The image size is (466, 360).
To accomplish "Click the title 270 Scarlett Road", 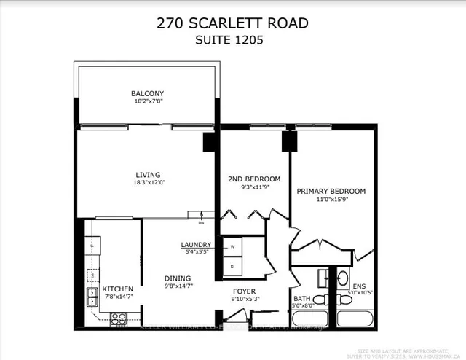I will pyautogui.click(x=232, y=23).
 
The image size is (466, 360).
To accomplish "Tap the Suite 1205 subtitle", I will pyautogui.click(x=232, y=41).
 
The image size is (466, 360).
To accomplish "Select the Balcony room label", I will pyautogui.click(x=147, y=94).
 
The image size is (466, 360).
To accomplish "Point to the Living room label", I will pyautogui.click(x=147, y=175).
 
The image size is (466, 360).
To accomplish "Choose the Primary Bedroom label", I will pyautogui.click(x=331, y=192).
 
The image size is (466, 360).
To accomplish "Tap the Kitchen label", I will pyautogui.click(x=117, y=289).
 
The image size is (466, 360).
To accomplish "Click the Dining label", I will pyautogui.click(x=178, y=278).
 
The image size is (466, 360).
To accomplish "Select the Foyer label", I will pyautogui.click(x=243, y=291).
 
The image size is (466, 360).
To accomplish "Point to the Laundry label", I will pyautogui.click(x=197, y=245).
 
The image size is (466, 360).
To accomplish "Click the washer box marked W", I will pyautogui.click(x=233, y=247).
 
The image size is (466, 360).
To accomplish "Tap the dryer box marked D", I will pyautogui.click(x=233, y=266).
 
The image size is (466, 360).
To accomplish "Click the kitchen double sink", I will pyautogui.click(x=94, y=296).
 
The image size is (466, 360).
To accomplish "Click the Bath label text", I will pyautogui.click(x=302, y=298).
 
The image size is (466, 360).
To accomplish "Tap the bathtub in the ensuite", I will pyautogui.click(x=355, y=319).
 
